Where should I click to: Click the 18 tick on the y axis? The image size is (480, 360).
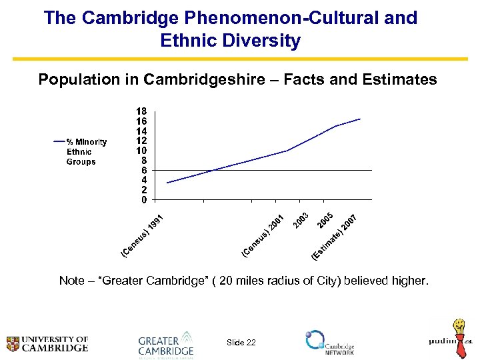point(141,111)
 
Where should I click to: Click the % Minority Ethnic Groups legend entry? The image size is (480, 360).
point(81,151)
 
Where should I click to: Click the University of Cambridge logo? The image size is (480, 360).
point(47,343)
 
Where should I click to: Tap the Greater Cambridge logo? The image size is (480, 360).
point(166,344)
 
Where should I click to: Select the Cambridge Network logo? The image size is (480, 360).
point(330,342)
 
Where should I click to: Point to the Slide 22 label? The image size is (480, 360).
point(241,343)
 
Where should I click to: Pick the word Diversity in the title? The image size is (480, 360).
point(267,41)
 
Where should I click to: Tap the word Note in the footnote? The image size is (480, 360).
point(72,281)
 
